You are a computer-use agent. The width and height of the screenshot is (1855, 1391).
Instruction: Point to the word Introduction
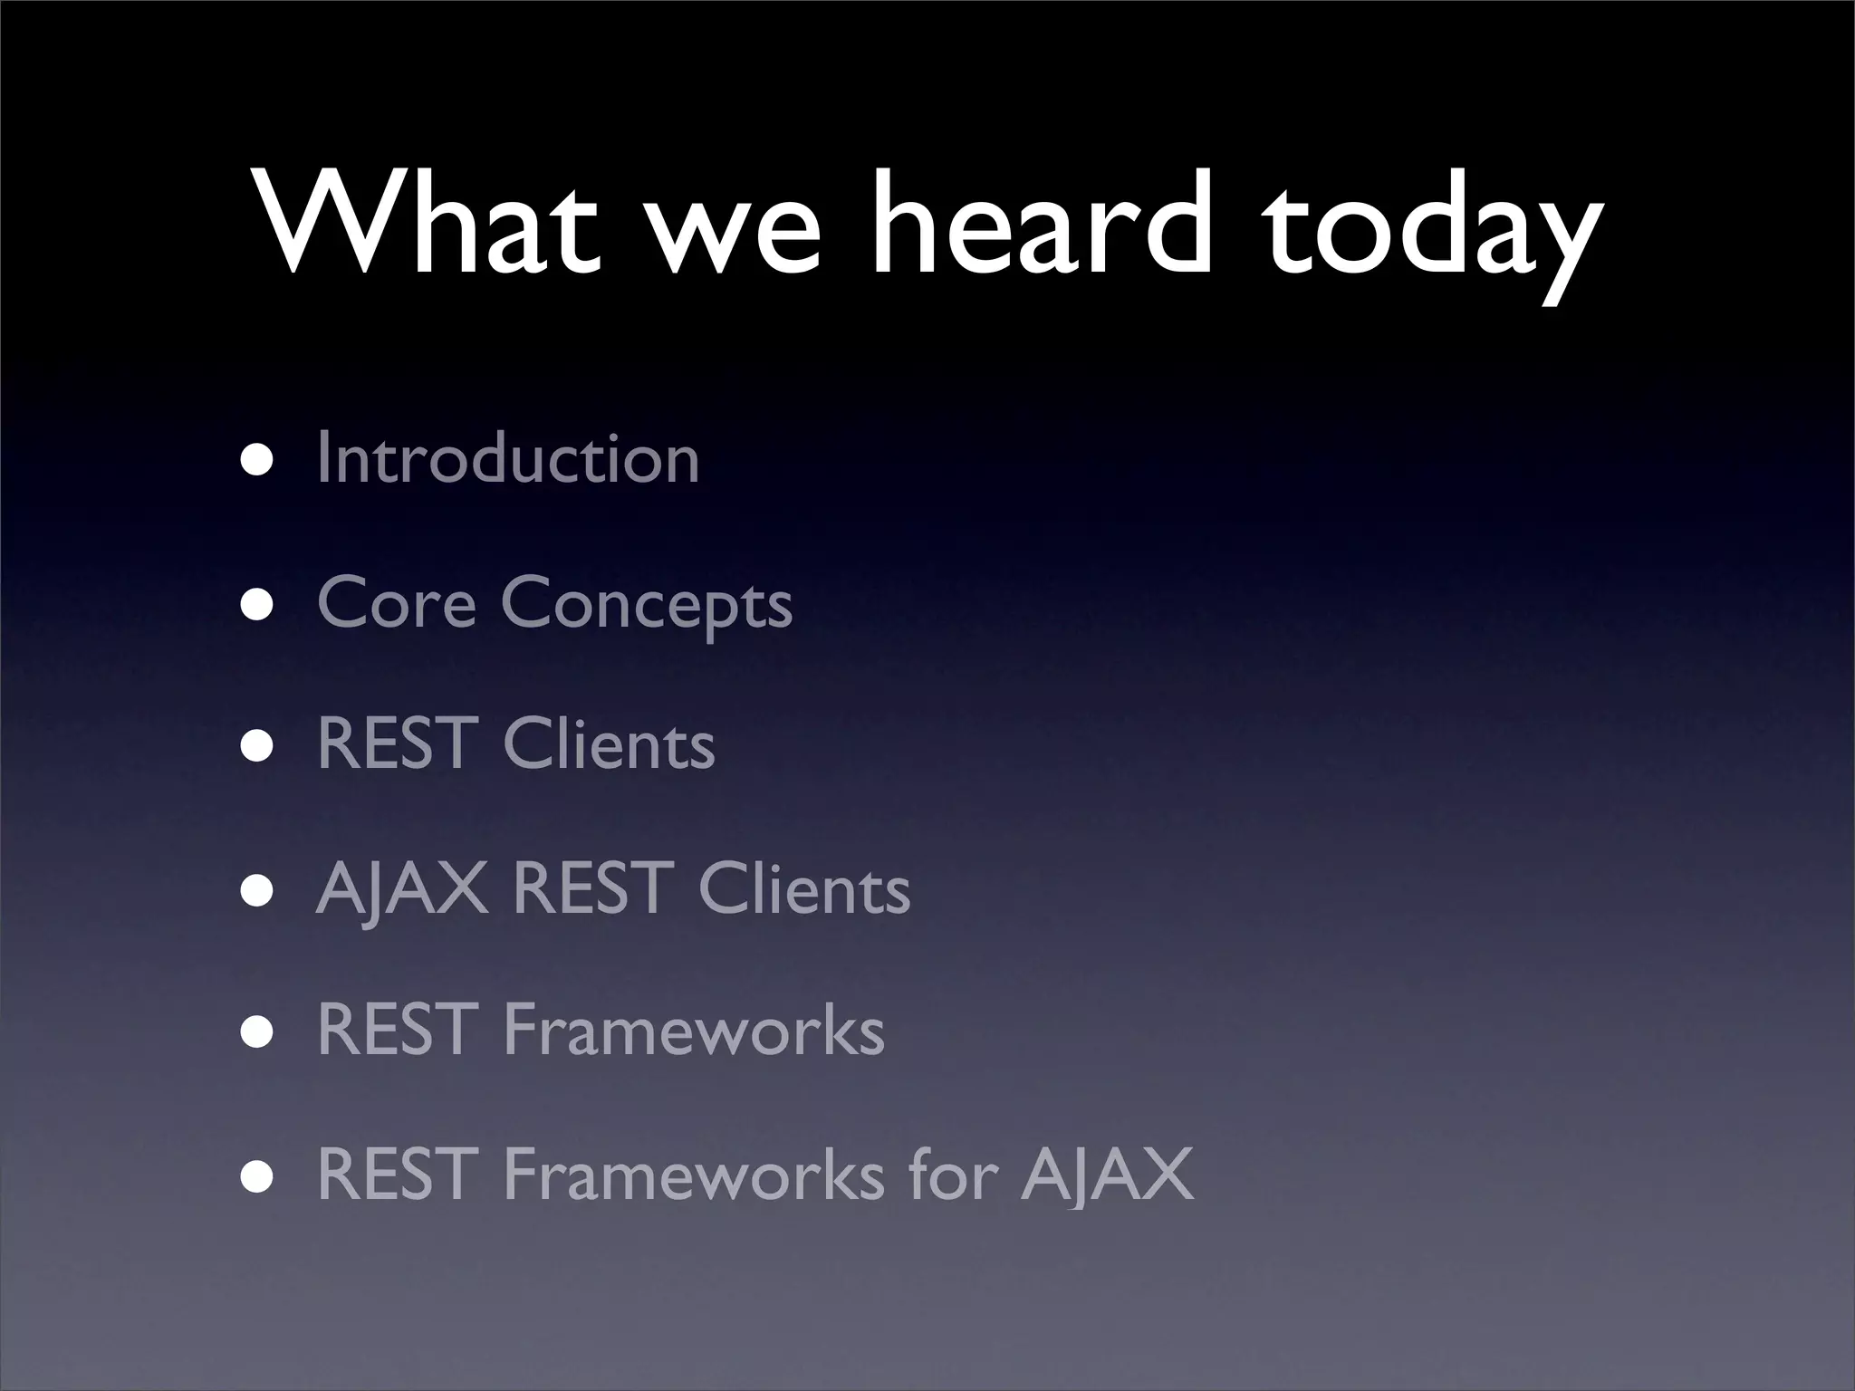[508, 459]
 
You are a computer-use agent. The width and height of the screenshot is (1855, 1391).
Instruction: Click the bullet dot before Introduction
[257, 459]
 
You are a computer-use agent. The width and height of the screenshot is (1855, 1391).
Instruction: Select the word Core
[396, 603]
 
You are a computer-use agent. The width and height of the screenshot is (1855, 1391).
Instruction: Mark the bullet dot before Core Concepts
[257, 603]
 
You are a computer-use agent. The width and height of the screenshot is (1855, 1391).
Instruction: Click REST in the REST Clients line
[398, 745]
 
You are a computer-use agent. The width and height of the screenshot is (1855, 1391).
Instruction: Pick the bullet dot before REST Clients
[257, 745]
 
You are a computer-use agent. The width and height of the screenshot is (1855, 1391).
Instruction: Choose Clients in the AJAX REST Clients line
[803, 889]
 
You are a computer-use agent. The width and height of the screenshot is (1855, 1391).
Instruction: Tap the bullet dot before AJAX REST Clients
[257, 889]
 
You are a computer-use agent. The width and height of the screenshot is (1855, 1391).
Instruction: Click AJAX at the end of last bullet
[1107, 1175]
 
